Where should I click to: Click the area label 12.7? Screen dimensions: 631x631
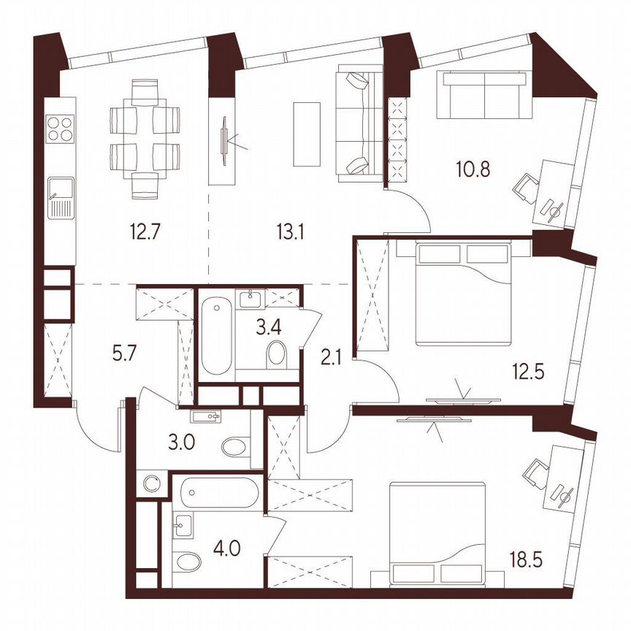(x=142, y=233)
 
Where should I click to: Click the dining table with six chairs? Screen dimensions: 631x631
(x=145, y=139)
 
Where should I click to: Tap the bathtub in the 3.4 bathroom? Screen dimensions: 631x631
(x=218, y=335)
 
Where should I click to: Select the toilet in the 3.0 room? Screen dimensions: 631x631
(x=235, y=446)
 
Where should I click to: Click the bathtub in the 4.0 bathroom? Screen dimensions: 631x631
(x=218, y=494)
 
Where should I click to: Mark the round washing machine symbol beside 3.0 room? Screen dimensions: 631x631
(x=153, y=484)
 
